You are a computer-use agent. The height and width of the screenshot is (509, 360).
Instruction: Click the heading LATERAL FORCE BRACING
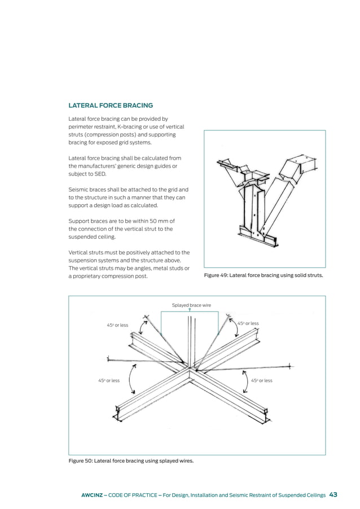(110, 105)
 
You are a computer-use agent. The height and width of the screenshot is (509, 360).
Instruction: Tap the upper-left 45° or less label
(117, 326)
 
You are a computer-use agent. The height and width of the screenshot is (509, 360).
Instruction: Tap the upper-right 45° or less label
(248, 323)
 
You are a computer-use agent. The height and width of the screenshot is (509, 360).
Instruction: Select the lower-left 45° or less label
(108, 380)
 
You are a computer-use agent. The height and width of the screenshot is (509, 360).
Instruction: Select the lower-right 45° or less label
(261, 380)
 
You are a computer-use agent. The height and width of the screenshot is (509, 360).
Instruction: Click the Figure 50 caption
(130, 461)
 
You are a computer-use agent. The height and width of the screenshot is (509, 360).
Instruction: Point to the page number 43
(333, 495)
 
